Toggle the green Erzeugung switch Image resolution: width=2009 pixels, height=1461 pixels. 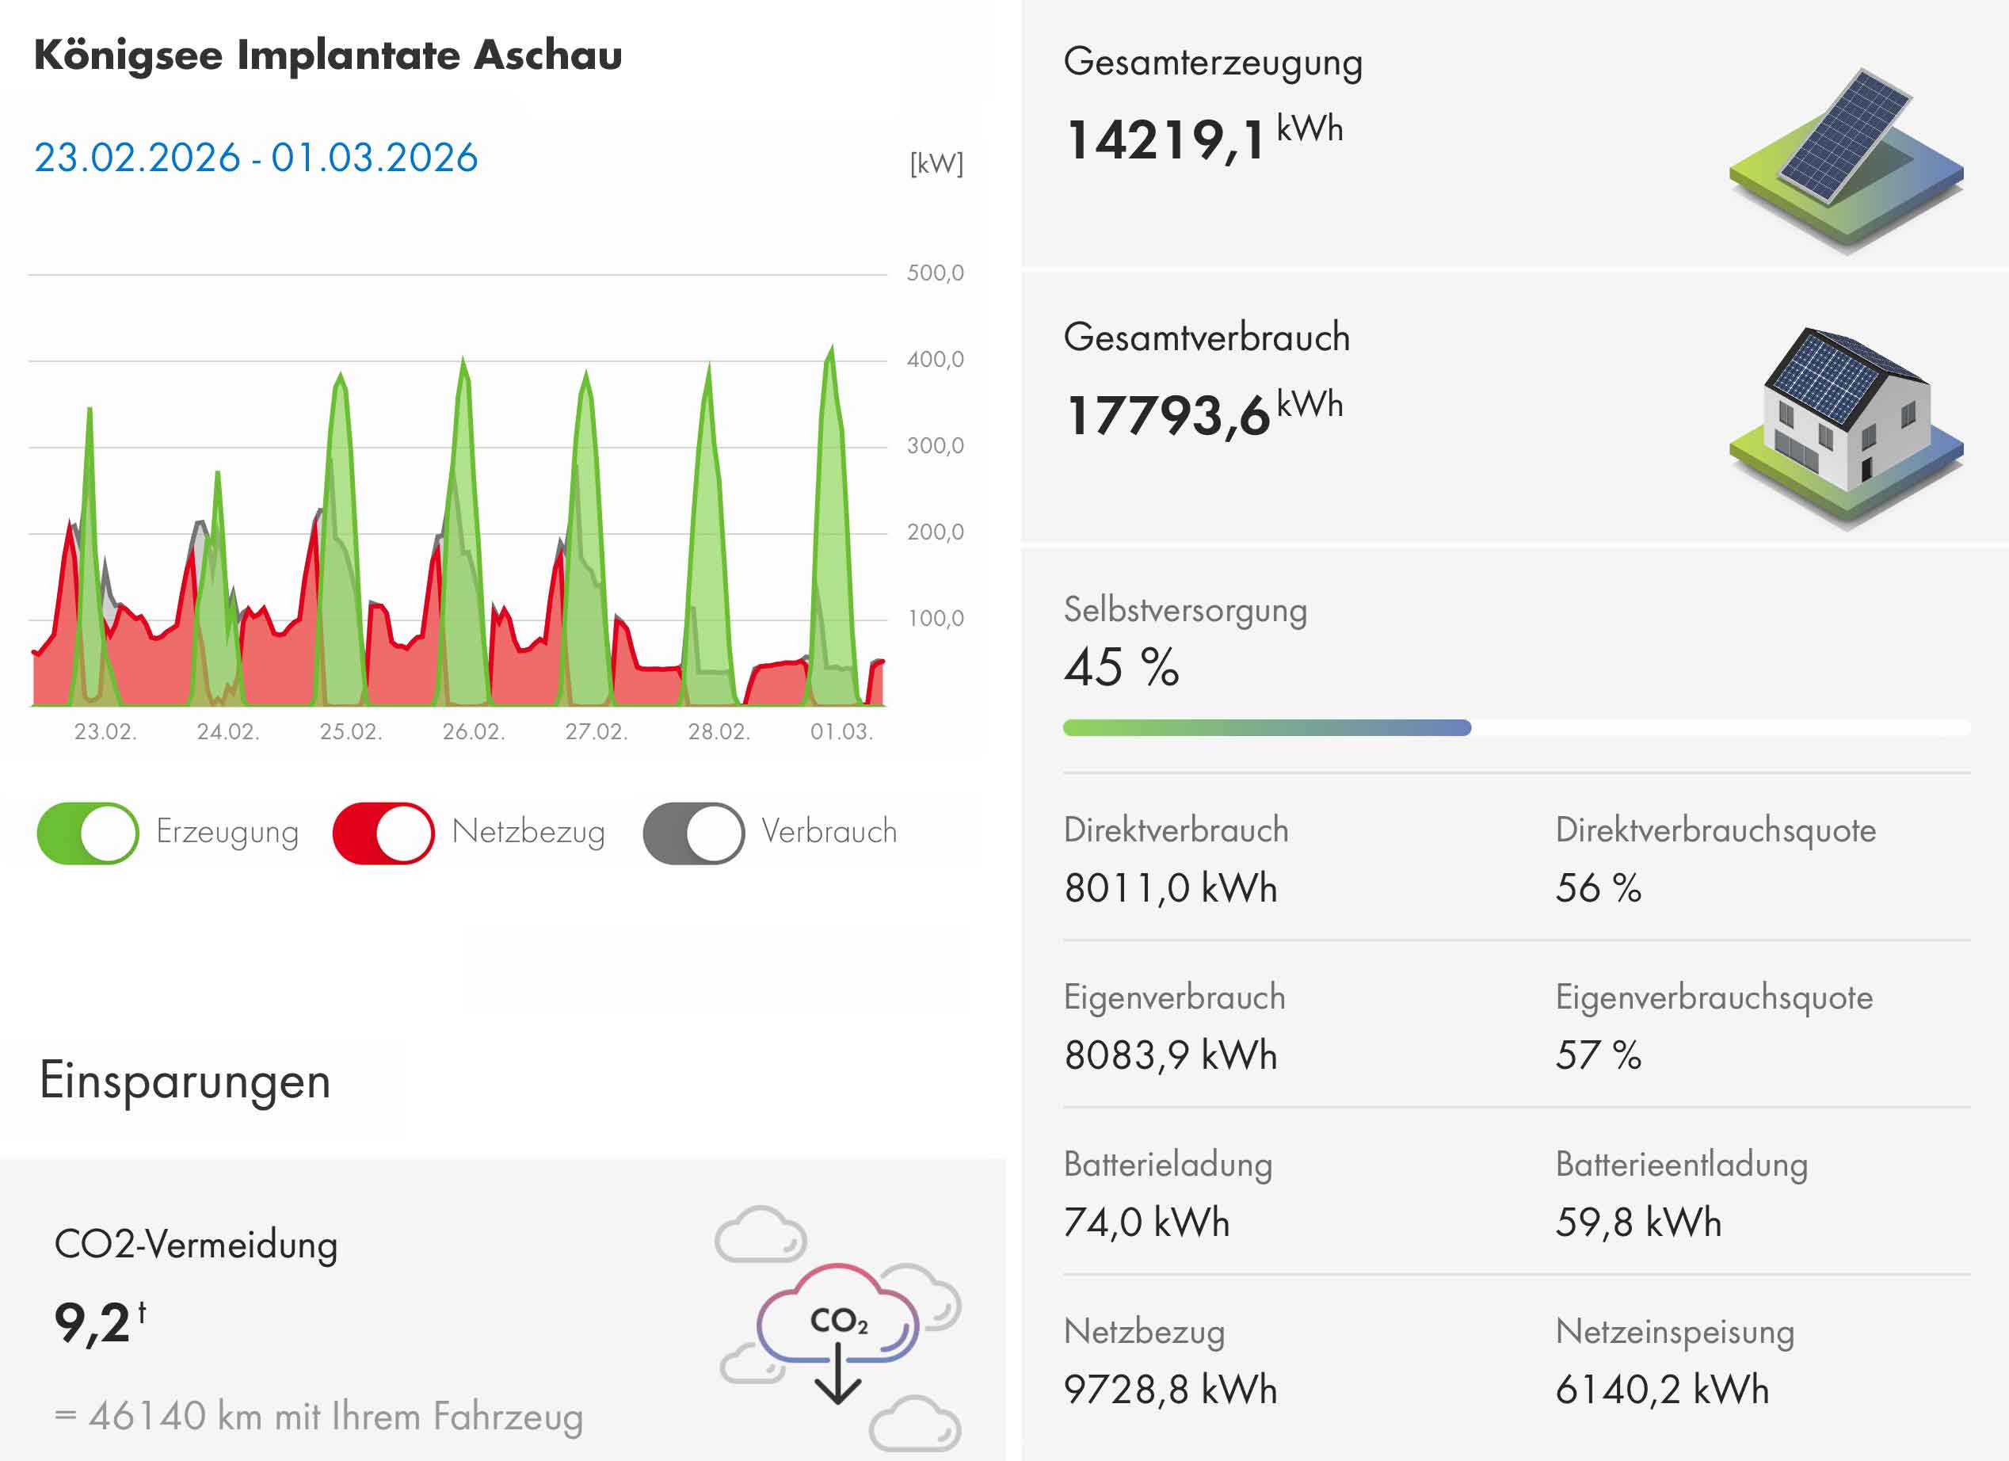point(88,833)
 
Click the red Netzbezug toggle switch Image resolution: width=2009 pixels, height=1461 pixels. point(383,833)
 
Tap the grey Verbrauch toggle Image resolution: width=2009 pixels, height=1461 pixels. point(694,833)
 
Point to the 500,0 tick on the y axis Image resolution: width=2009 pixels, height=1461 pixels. point(935,273)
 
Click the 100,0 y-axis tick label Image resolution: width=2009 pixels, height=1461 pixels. point(936,619)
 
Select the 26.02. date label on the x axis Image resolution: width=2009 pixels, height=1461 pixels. point(473,732)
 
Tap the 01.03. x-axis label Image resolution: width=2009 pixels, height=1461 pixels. point(841,732)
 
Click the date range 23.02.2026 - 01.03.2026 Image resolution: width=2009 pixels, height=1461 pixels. point(256,158)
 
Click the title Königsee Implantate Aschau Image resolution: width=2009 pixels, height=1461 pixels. point(328,55)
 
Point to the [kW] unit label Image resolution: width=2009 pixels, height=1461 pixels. point(936,163)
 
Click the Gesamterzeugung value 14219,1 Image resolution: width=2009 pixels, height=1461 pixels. point(1166,140)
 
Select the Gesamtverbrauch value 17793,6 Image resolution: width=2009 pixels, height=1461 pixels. point(1168,414)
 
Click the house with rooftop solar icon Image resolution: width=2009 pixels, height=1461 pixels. point(1846,425)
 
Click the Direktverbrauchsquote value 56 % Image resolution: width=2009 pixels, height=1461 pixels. point(1598,887)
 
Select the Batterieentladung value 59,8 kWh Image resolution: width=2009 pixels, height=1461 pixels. point(1637,1223)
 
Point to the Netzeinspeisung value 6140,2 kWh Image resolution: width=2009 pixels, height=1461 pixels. point(1662,1389)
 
